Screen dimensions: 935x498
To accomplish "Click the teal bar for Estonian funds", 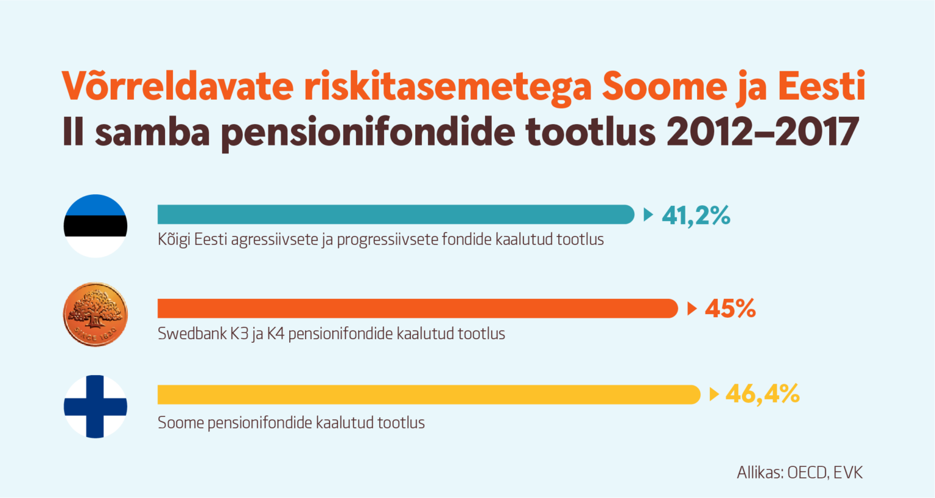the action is pos(396,214).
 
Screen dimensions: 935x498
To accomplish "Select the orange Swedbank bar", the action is pos(418,309).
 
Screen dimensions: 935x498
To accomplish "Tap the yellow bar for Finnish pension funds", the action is pos(429,395).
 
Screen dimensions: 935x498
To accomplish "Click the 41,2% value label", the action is pos(696,216).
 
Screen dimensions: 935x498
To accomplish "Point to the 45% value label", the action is pos(730,309).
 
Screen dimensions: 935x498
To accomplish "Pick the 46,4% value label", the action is pos(763,394).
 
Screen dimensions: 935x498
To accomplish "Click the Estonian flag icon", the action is pos(96,226).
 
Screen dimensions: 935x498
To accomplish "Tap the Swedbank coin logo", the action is pos(96,314).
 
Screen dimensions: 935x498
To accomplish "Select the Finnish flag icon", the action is pos(96,407).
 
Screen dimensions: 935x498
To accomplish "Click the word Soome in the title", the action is pos(664,87).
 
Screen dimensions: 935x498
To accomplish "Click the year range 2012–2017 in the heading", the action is pos(762,132).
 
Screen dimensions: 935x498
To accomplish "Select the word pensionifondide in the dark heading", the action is pos(367,133).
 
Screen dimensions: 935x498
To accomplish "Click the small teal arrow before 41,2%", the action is pos(648,214).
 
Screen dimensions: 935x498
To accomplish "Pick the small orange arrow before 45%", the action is pos(692,309).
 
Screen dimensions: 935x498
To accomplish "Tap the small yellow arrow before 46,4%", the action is pos(714,394).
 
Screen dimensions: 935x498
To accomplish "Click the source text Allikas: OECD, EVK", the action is pos(800,472).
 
